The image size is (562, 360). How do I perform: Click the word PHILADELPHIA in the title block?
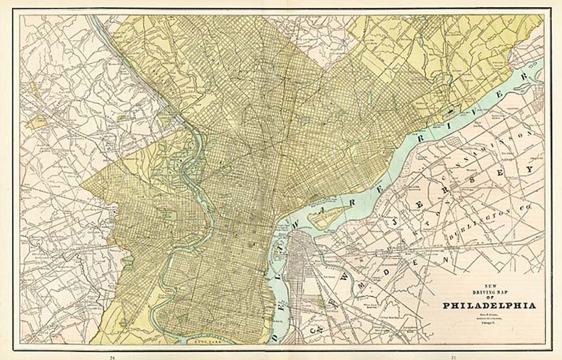pyautogui.click(x=489, y=306)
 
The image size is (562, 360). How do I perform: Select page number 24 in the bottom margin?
pyautogui.click(x=113, y=357)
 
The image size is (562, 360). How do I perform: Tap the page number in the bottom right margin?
pyautogui.click(x=453, y=357)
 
